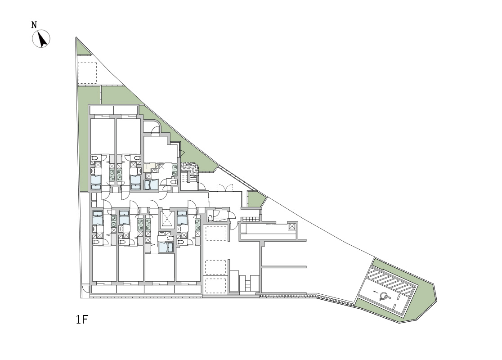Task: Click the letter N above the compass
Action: (x=34, y=25)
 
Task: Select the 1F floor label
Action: (x=81, y=319)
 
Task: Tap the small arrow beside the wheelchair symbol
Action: (x=375, y=292)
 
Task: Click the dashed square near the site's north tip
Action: (x=87, y=73)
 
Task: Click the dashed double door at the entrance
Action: (x=225, y=187)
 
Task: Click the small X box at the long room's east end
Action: (x=292, y=226)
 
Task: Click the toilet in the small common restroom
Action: (x=210, y=218)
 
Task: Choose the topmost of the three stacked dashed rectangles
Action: (x=216, y=233)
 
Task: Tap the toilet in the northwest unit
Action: (x=95, y=158)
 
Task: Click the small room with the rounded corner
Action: (x=151, y=127)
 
